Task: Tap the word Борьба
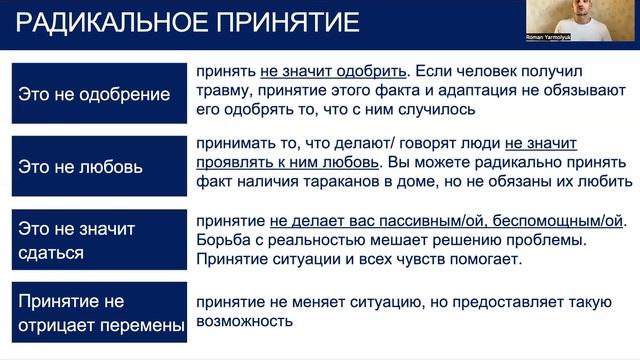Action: pyautogui.click(x=223, y=240)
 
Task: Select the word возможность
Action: pyautogui.click(x=244, y=322)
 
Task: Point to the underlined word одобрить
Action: pyautogui.click(x=374, y=72)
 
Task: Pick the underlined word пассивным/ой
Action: pyautogui.click(x=437, y=221)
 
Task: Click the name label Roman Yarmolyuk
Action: pyautogui.click(x=552, y=38)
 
